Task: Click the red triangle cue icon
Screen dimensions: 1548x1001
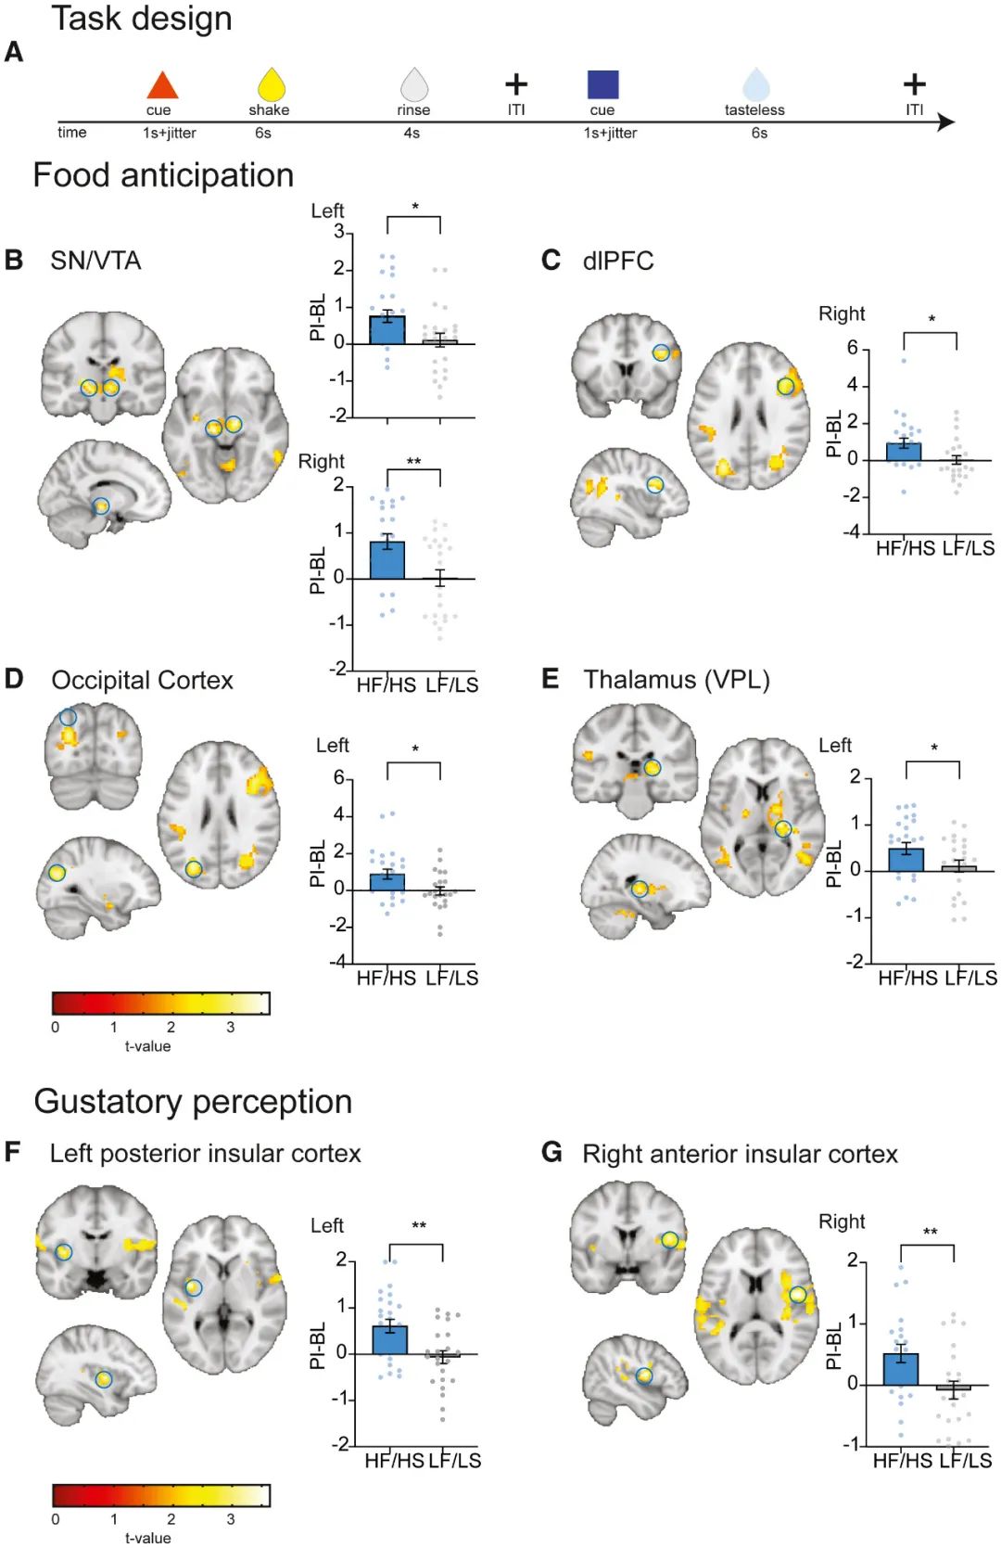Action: click(x=162, y=85)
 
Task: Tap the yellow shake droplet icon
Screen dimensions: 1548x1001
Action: click(x=271, y=84)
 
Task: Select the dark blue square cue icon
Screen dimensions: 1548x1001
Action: click(x=602, y=84)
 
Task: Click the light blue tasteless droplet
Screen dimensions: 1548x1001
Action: click(x=756, y=84)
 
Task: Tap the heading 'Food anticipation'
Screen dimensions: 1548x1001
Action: click(x=163, y=175)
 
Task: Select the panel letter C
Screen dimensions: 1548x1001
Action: click(x=551, y=261)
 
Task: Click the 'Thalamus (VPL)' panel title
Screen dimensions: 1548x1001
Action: click(x=677, y=680)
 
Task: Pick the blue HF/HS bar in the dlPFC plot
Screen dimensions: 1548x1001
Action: click(x=904, y=452)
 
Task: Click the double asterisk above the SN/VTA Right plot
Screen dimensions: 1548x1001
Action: click(x=413, y=462)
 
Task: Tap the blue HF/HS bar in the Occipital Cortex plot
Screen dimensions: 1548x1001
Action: click(x=386, y=882)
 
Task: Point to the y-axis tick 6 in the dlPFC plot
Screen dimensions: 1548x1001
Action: click(x=852, y=348)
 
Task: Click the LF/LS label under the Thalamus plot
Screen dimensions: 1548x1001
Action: click(x=970, y=978)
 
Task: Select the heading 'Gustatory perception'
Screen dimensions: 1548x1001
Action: click(x=193, y=1102)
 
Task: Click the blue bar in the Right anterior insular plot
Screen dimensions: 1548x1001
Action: click(x=900, y=1369)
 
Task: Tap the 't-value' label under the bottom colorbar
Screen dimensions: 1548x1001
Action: click(x=148, y=1538)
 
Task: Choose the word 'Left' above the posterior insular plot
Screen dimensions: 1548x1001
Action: click(x=327, y=1225)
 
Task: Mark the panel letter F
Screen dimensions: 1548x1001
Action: click(x=13, y=1153)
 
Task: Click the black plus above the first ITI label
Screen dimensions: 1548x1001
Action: click(x=516, y=84)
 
